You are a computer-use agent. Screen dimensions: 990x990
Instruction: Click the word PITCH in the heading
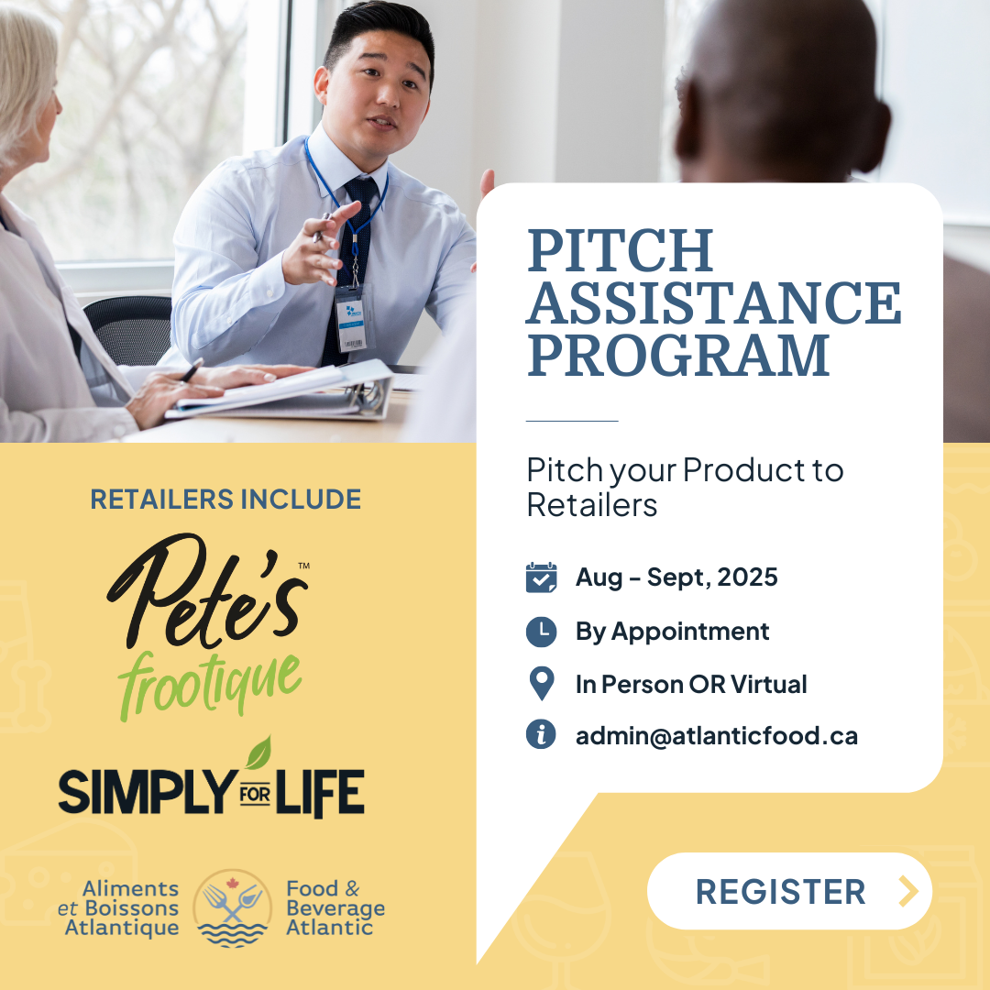point(621,250)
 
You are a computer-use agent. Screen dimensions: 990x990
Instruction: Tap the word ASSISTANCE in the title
point(714,303)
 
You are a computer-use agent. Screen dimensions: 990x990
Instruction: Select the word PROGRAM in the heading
point(678,356)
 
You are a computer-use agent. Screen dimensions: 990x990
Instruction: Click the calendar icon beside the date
point(541,577)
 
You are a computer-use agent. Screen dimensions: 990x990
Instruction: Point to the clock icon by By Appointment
point(541,632)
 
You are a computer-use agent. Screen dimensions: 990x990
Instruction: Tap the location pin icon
point(542,683)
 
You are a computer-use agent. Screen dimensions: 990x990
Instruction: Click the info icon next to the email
point(541,734)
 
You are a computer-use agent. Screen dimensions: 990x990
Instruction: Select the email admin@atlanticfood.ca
point(717,735)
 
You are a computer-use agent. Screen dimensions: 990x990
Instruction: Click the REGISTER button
point(789,891)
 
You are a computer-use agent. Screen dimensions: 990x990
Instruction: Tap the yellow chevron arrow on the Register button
point(908,891)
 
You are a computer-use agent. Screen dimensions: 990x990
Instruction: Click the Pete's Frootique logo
point(208,627)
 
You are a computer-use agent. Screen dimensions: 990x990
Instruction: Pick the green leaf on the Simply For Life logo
point(259,753)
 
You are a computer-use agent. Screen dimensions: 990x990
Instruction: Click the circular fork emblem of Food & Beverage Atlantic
point(232,907)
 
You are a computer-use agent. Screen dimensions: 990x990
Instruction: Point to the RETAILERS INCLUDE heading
point(225,500)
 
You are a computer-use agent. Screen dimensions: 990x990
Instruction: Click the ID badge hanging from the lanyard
point(352,320)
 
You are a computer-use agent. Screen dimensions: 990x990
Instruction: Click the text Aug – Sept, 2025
point(676,577)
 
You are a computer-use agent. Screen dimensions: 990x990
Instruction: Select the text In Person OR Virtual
point(691,685)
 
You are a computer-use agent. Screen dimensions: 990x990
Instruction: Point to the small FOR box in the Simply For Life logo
point(255,794)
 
